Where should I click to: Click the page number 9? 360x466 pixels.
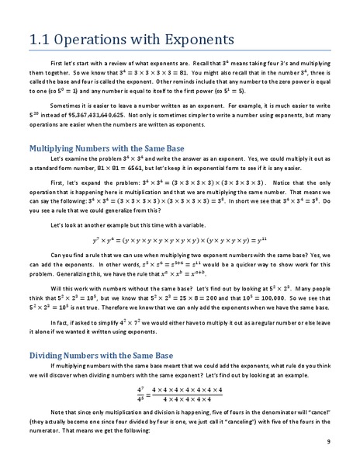click(x=330, y=441)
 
